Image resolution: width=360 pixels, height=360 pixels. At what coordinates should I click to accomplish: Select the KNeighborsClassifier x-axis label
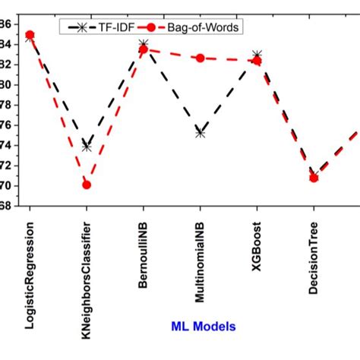pyautogui.click(x=87, y=269)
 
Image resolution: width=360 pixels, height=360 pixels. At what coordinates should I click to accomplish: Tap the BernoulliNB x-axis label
pyautogui.click(x=144, y=248)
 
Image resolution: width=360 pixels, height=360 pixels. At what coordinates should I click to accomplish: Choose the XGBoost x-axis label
pyautogui.click(x=257, y=239)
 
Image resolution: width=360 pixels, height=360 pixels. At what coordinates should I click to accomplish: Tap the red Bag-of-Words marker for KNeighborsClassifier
pyautogui.click(x=87, y=185)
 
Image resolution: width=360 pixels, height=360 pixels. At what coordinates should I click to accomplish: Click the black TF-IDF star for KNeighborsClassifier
pyautogui.click(x=87, y=146)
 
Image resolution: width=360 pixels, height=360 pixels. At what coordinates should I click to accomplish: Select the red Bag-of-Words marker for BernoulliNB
pyautogui.click(x=144, y=49)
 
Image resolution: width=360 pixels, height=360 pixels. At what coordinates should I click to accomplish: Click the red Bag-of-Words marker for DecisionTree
pyautogui.click(x=314, y=178)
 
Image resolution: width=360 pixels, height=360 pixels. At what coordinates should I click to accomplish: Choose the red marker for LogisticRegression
pyautogui.click(x=30, y=34)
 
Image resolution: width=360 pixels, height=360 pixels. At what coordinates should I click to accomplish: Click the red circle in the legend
pyautogui.click(x=151, y=27)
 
